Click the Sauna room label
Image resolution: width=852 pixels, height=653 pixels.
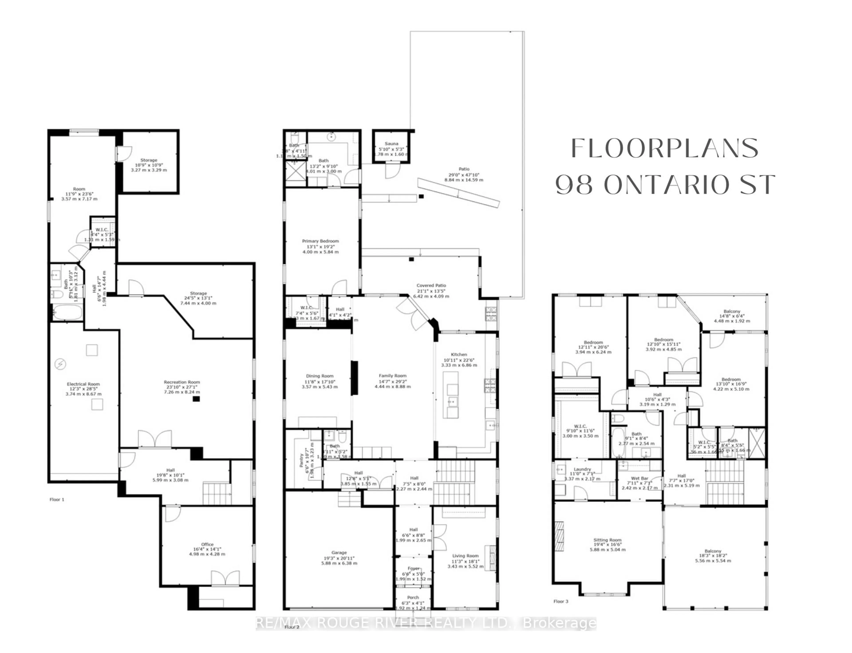click(x=391, y=143)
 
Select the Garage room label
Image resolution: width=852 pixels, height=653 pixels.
click(x=339, y=552)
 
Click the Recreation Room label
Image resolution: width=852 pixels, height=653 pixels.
click(x=181, y=382)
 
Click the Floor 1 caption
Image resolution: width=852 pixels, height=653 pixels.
click(x=57, y=499)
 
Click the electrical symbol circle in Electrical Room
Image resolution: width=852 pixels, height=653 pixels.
click(x=60, y=364)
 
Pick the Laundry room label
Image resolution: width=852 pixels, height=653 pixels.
click(x=582, y=469)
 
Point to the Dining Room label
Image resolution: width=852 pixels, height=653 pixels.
click(x=319, y=376)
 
